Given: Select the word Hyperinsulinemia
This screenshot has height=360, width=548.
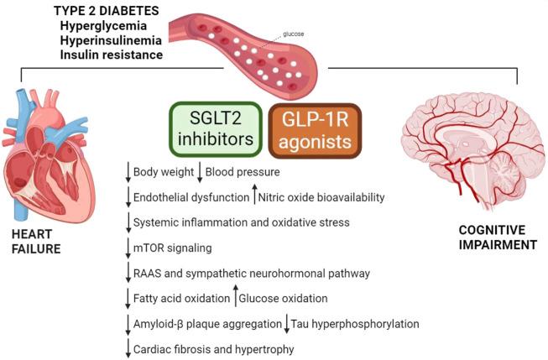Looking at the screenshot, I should tap(105, 40).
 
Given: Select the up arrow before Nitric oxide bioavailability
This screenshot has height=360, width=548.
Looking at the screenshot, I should tap(255, 196).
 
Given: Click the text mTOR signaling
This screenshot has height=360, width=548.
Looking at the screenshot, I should tap(172, 248).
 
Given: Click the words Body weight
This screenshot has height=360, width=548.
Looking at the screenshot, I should tap(161, 172).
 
